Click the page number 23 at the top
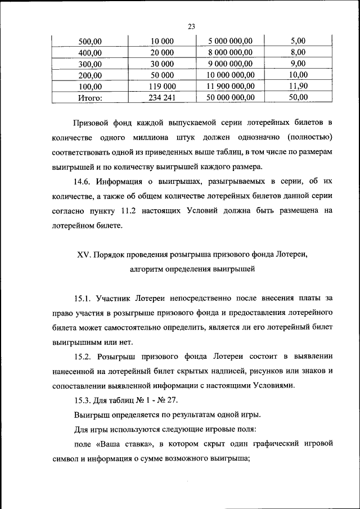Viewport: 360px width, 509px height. click(191, 26)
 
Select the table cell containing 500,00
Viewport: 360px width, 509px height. click(89, 41)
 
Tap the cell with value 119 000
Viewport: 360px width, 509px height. click(163, 86)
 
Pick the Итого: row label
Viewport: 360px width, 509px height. click(89, 97)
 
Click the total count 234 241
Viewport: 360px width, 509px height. click(163, 97)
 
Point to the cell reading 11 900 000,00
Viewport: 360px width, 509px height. click(231, 86)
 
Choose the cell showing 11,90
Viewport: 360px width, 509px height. click(298, 86)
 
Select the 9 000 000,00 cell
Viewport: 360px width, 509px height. click(231, 64)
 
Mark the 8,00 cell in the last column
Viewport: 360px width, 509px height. click(298, 52)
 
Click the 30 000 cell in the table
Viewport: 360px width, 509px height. click(163, 64)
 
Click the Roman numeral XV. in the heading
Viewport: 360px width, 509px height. click(83, 254)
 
